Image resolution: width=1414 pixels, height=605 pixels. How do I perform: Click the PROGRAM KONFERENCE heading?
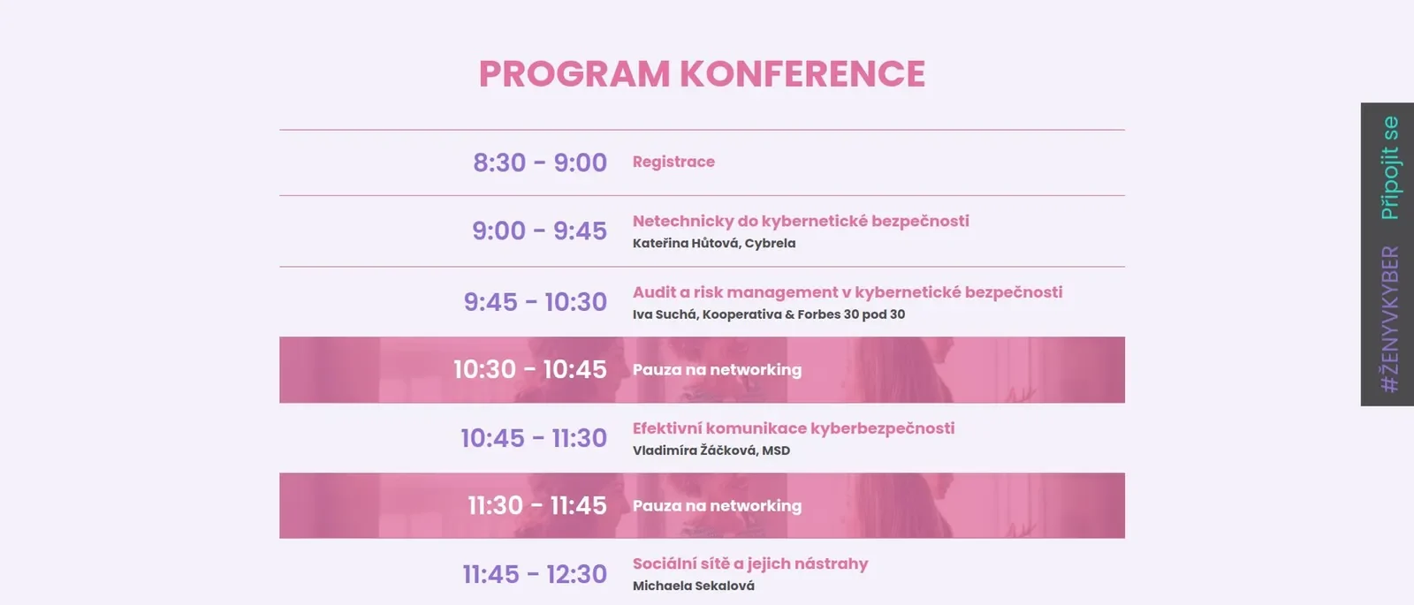click(702, 74)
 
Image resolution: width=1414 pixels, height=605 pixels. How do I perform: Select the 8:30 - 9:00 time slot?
click(540, 163)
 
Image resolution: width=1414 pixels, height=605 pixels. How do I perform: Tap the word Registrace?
click(673, 162)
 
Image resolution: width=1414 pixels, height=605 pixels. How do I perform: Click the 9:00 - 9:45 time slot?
click(540, 231)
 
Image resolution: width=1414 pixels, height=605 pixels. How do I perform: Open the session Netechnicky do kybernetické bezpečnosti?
click(801, 221)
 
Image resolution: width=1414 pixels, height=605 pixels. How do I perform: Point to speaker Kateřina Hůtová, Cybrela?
click(714, 243)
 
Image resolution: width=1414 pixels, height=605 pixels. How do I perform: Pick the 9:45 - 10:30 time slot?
click(536, 302)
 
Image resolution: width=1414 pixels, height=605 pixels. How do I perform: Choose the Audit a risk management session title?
click(848, 292)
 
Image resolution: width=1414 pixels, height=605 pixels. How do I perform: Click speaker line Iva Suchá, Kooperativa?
click(768, 314)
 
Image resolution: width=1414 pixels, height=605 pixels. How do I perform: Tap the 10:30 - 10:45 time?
click(530, 370)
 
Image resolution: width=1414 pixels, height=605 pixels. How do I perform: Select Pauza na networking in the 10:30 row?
click(717, 370)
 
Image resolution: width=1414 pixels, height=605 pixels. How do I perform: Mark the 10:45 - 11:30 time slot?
click(534, 438)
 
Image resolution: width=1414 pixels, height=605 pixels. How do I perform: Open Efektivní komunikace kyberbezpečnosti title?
click(794, 428)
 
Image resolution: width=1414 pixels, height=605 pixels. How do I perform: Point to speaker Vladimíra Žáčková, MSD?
click(711, 450)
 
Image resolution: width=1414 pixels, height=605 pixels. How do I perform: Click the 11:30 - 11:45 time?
click(537, 506)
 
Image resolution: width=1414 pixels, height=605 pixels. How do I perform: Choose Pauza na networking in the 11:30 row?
click(717, 506)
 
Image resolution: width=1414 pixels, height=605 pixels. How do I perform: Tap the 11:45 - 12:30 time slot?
click(535, 575)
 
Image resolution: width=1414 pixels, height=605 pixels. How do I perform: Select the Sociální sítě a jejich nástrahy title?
click(750, 564)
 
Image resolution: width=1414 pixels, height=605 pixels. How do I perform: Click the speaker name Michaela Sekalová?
click(693, 586)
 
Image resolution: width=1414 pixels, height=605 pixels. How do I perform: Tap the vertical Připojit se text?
click(1389, 168)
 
